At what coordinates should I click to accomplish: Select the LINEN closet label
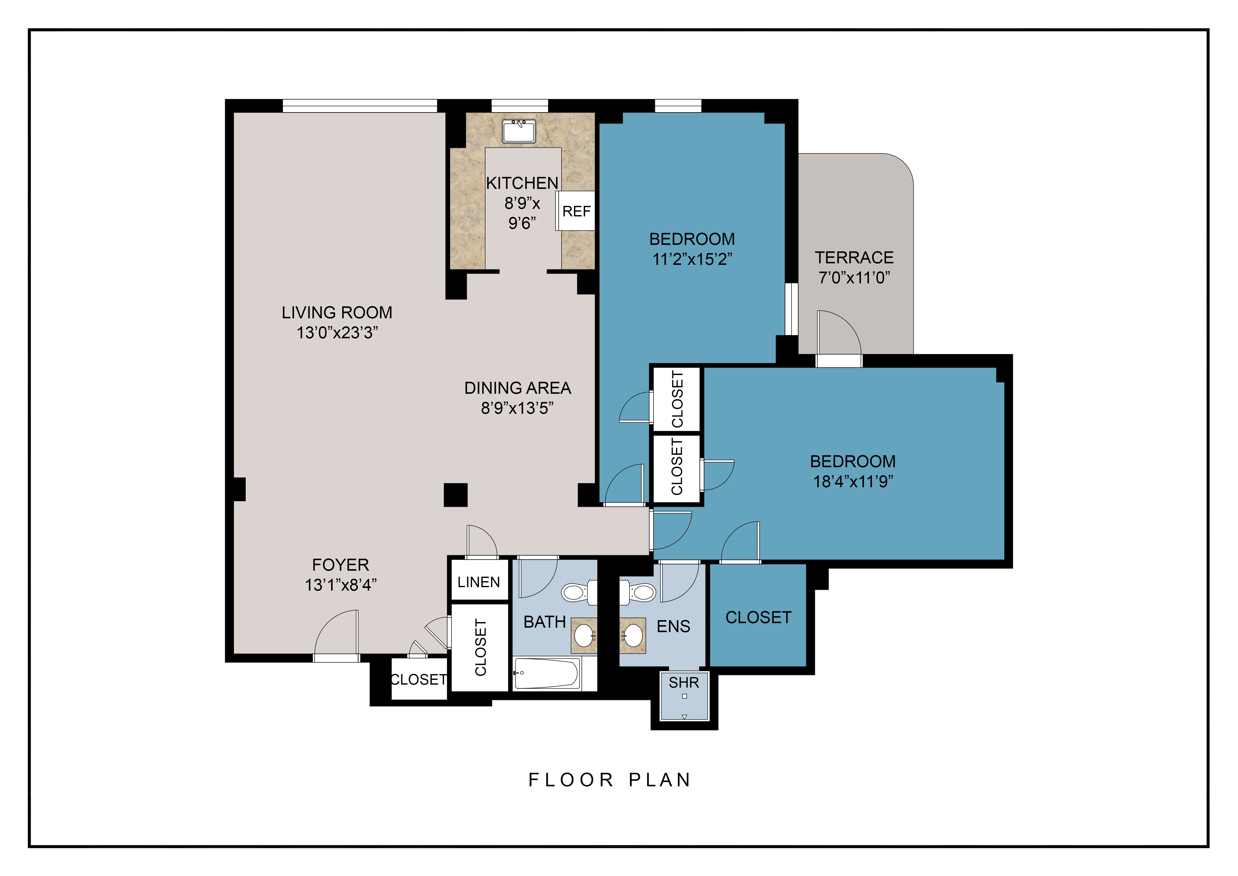point(478,582)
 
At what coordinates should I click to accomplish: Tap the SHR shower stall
point(684,696)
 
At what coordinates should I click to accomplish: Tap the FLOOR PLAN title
point(609,780)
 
